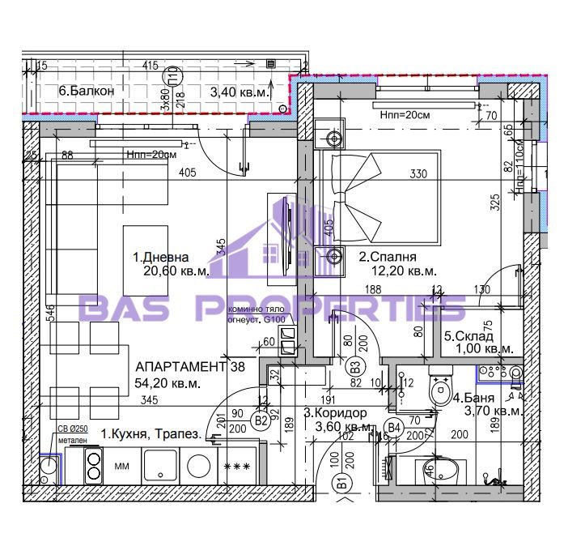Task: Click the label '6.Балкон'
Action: coord(85,92)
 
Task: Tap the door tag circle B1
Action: coord(342,484)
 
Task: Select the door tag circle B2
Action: coord(261,420)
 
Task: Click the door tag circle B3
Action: coord(356,367)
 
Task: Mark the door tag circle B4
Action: coord(395,427)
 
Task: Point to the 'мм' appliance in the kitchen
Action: coord(121,467)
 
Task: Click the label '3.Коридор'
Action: coord(332,412)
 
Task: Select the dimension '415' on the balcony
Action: coord(149,65)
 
